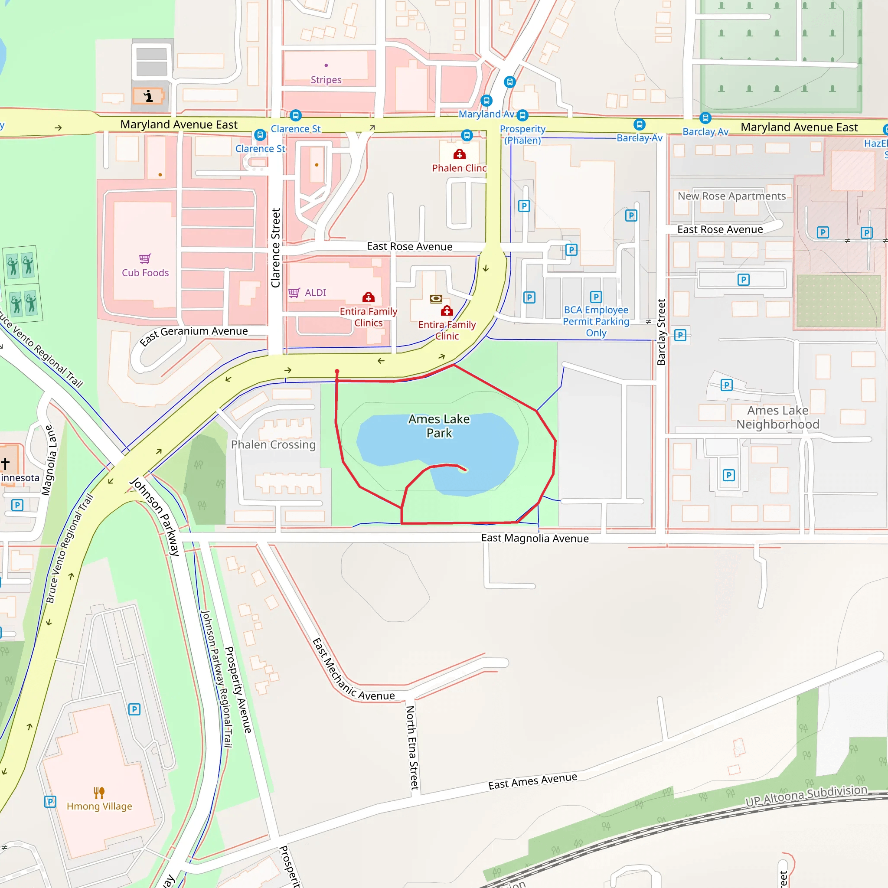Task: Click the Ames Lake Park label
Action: click(439, 426)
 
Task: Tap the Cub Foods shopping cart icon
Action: click(145, 259)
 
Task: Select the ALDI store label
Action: click(315, 293)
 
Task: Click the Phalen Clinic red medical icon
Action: click(459, 154)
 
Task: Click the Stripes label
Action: click(326, 80)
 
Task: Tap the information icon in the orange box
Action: click(148, 96)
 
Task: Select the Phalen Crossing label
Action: click(273, 444)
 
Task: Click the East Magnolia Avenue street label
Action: click(535, 538)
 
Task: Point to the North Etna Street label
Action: click(412, 748)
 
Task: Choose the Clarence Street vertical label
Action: click(276, 248)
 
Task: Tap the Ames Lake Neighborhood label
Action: click(777, 418)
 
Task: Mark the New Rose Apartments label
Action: click(731, 196)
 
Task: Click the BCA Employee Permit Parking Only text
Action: click(596, 321)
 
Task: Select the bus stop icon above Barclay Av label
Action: click(705, 118)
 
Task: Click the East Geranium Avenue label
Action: click(194, 335)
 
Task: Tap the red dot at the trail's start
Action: click(337, 372)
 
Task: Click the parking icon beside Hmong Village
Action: click(50, 802)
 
